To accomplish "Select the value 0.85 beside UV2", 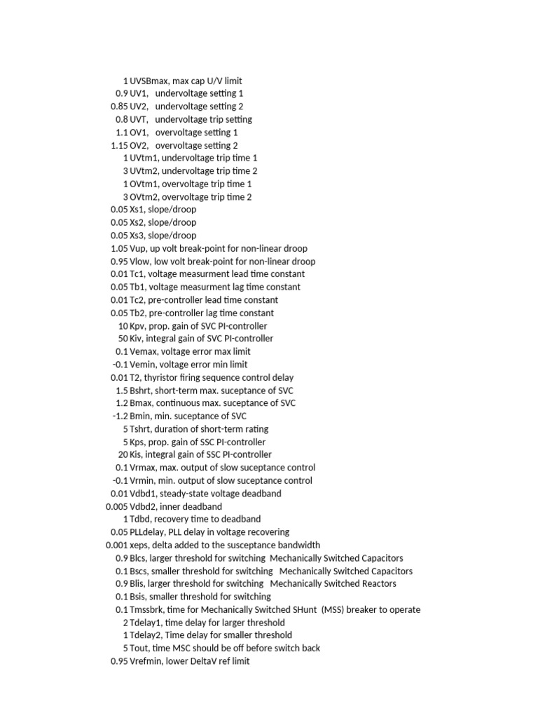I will pos(119,107).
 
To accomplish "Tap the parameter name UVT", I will pos(139,119).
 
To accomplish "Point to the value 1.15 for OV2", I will pos(119,145).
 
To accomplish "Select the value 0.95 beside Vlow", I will pos(119,262).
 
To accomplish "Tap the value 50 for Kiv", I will pos(123,339).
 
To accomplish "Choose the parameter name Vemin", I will pos(144,365).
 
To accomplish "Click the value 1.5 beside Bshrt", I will pos(122,391).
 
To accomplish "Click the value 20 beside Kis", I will pos(123,455).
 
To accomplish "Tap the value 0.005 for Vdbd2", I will pos(117,506).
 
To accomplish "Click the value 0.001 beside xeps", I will pos(117,545).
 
